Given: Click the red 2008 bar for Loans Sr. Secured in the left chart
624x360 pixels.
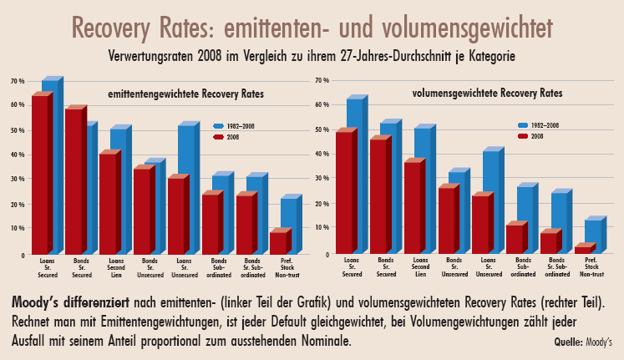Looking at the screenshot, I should point(40,175).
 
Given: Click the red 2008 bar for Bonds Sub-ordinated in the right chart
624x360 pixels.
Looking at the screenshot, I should point(514,239).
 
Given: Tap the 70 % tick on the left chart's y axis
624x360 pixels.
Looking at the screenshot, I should point(17,81).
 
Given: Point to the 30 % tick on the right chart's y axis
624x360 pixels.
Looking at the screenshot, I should point(322,179).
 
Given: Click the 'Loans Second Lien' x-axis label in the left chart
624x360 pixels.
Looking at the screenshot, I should point(116,267).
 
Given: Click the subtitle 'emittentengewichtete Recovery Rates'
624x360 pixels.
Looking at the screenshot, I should point(185,95).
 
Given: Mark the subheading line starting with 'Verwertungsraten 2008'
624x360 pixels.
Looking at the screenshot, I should point(312,57).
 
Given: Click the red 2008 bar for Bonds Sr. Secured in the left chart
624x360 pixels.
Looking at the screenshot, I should point(74,181).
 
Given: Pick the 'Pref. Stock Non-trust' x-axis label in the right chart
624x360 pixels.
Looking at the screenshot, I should point(591,267).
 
